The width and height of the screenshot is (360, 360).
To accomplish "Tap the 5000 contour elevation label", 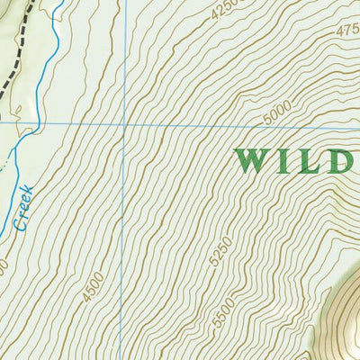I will click(281, 115).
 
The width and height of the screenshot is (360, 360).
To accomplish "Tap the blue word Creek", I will click(24, 207).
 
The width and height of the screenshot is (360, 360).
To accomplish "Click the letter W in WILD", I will click(252, 161).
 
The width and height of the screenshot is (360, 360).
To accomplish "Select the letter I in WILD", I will click(283, 161).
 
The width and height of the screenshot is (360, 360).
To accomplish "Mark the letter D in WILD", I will click(339, 161).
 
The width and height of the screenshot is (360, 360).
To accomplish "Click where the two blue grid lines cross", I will click(125, 125).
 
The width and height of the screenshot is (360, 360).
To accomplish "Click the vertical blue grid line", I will click(125, 54).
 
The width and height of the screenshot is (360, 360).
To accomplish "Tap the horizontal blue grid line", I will click(198, 125).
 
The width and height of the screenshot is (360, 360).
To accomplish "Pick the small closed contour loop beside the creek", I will click(9, 162).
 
